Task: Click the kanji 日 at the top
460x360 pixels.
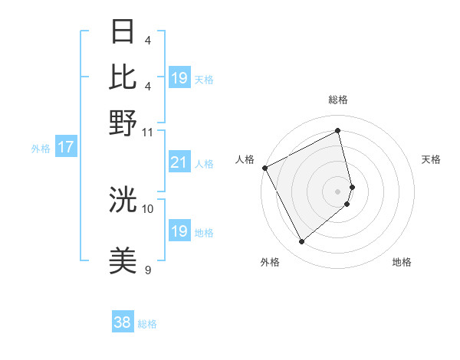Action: [123, 32]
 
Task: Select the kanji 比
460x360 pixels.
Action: [123, 77]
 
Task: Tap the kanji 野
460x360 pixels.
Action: [123, 123]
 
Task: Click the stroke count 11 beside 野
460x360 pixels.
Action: [148, 132]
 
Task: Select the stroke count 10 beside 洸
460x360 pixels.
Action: [148, 208]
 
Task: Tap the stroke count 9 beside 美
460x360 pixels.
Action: [148, 270]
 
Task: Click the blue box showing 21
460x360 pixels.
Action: [179, 162]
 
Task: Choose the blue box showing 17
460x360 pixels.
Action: [65, 147]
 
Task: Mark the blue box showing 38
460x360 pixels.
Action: [122, 322]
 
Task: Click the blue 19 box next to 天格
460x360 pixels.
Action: [179, 78]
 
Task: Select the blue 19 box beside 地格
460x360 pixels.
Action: [179, 231]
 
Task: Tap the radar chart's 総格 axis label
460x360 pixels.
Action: [338, 100]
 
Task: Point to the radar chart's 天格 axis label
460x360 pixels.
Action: [431, 159]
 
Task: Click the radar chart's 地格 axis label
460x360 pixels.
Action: [402, 263]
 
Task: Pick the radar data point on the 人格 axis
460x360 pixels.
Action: [264, 168]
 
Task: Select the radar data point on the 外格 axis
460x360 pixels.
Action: [301, 242]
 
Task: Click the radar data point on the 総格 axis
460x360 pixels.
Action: [338, 130]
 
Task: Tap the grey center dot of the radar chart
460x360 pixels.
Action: [338, 191]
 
